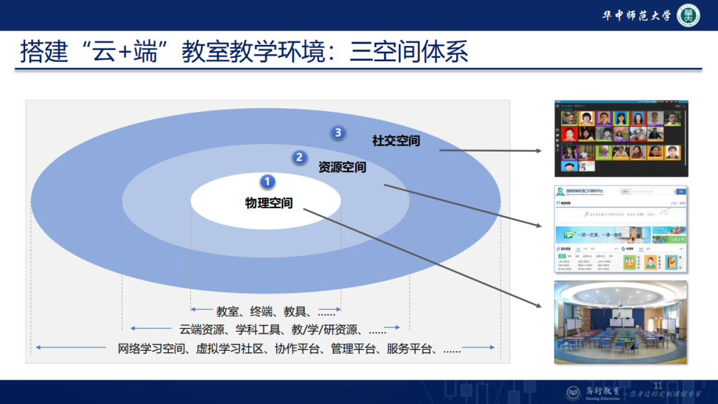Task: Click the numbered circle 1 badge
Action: [267, 181]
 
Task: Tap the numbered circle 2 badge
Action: [299, 157]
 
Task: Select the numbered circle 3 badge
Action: [338, 132]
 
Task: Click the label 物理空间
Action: [269, 203]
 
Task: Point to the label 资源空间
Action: [342, 167]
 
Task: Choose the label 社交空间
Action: [396, 141]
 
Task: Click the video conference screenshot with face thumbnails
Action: [621, 138]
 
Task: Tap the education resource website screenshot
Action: [621, 229]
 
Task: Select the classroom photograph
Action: [621, 322]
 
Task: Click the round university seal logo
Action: [688, 15]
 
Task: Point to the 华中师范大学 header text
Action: [636, 16]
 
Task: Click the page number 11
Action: [659, 386]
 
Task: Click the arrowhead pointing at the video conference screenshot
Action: [540, 151]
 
